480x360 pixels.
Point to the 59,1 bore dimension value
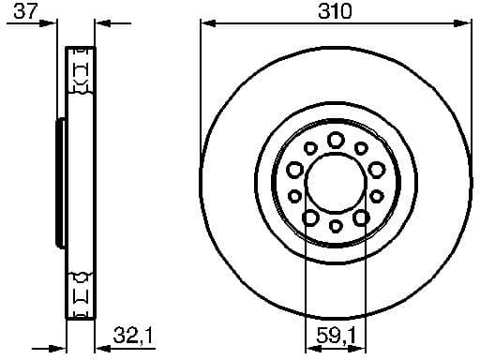pos(335,332)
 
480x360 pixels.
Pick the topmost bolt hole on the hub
pos(335,140)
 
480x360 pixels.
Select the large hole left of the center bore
pos(294,170)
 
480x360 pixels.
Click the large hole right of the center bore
pos(376,170)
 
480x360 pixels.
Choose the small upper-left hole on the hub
pos(310,147)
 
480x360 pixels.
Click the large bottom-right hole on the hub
pos(360,217)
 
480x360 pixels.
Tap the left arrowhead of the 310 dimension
pos(205,22)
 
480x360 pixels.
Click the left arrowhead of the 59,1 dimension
pos(310,343)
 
